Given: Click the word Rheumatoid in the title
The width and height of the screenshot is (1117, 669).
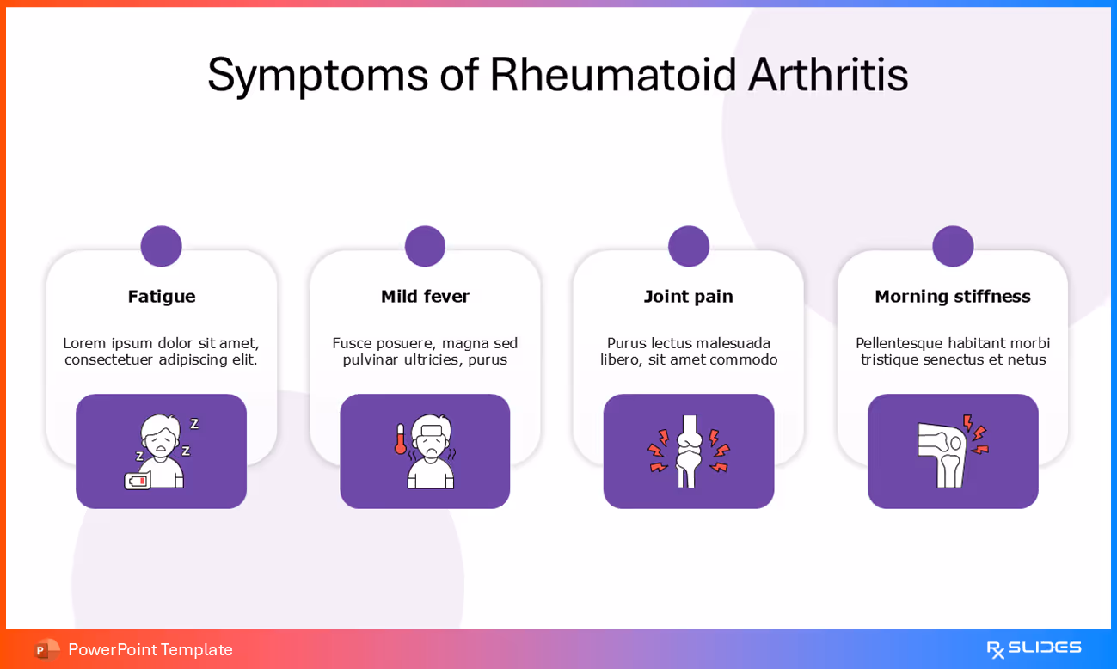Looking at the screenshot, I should [x=613, y=75].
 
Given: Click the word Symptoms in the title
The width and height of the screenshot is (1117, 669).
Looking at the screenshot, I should [x=317, y=75].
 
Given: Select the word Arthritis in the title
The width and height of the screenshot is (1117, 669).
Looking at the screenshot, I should [x=827, y=75].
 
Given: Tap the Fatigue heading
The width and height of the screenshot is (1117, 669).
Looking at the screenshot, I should [x=162, y=297].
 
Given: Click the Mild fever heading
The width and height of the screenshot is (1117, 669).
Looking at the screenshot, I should [x=425, y=297].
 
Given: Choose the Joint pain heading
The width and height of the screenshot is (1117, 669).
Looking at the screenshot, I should [x=688, y=297].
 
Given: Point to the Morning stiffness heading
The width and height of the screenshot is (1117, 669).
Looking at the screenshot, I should [x=952, y=297].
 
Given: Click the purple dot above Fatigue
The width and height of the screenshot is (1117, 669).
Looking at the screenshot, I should [x=162, y=247].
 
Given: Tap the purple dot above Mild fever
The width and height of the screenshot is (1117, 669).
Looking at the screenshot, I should [x=425, y=247].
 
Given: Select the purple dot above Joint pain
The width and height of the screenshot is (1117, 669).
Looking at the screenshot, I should [x=689, y=247].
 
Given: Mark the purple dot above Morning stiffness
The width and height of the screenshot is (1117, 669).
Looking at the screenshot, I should [x=953, y=247].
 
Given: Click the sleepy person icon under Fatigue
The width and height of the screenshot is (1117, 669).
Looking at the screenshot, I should [x=163, y=450].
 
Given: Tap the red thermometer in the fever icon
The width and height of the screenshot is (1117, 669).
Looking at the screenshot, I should [x=400, y=439].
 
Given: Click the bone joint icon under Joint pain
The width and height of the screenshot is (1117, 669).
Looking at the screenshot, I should [x=688, y=451].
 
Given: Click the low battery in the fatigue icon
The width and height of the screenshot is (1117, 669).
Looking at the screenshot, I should [x=137, y=480].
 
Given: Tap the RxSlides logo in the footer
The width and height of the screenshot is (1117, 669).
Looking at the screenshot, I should [x=1034, y=648].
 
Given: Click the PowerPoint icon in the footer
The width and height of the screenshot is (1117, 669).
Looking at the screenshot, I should [x=46, y=649].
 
